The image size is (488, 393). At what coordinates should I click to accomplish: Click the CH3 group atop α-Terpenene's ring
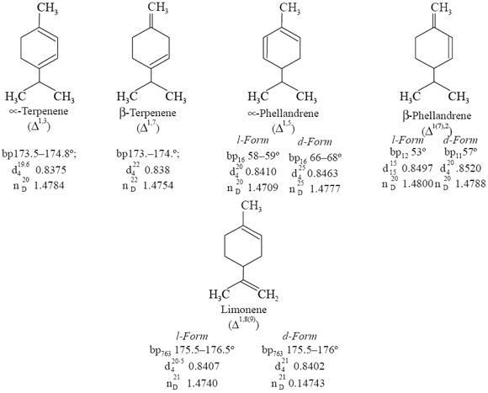(52, 9)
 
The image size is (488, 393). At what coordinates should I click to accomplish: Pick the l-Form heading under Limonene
(191, 335)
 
